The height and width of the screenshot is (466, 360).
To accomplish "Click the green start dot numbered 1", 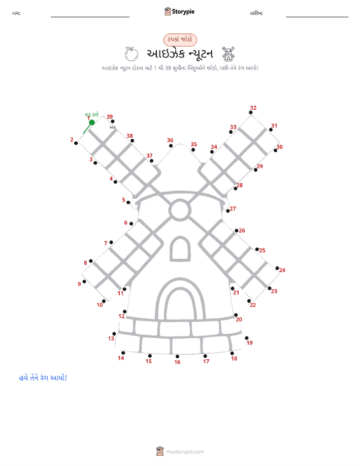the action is click(92, 122).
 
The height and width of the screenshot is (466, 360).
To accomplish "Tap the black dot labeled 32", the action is click(251, 113).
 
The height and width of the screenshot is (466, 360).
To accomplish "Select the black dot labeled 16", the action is click(177, 356).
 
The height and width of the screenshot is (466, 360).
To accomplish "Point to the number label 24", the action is click(282, 270).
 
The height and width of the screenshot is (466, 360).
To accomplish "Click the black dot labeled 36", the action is click(171, 146).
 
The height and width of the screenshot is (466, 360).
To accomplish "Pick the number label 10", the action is click(100, 305).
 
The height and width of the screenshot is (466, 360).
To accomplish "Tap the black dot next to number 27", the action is click(228, 211).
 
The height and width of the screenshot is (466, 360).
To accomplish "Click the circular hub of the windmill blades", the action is click(180, 210).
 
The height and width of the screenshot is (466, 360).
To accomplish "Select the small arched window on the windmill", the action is click(180, 249).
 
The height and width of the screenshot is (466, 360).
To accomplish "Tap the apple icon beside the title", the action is click(132, 54).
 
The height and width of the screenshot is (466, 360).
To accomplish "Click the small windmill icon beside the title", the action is click(228, 53).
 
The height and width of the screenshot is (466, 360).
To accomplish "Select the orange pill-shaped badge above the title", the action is click(180, 40).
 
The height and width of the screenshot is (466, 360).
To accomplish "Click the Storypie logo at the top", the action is click(179, 12).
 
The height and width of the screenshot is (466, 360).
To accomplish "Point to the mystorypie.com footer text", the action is click(185, 452).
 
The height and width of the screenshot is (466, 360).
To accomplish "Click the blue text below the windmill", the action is click(43, 378).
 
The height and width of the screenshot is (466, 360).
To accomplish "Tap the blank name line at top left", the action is click(90, 17).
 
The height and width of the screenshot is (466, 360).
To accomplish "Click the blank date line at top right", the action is click(317, 17).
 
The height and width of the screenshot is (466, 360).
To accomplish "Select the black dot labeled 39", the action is click(113, 121).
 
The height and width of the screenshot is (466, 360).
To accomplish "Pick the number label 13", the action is click(111, 338).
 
